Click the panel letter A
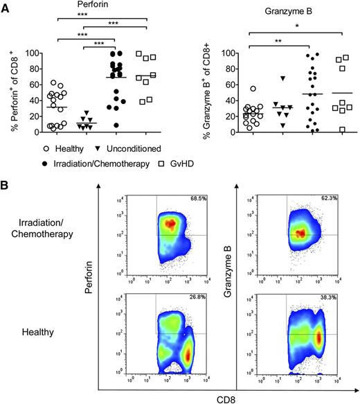click(6, 6)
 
